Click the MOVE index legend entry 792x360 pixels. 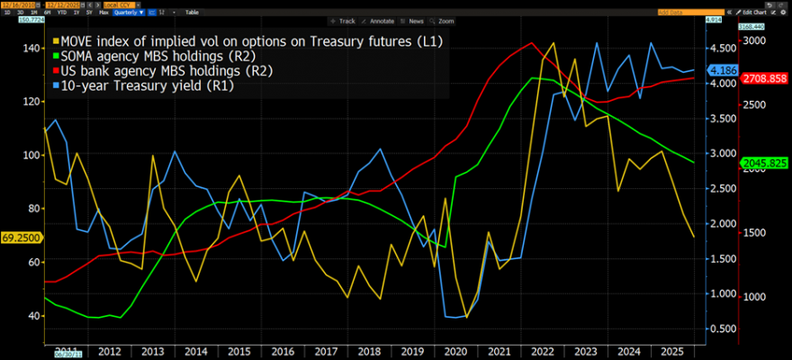252,40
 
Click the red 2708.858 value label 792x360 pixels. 763,79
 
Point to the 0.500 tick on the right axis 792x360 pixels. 720,328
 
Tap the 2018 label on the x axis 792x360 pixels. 369,351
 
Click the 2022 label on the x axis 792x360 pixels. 543,351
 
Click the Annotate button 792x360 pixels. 380,20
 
